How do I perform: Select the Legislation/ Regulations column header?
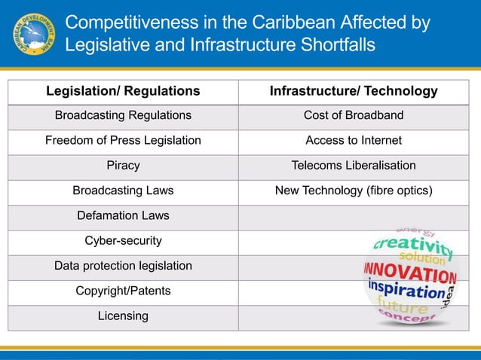point(123,91)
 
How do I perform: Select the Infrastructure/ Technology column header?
point(354,91)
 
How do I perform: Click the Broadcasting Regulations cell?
point(123,115)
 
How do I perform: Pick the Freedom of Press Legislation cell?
point(123,140)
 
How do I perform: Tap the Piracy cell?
point(123,166)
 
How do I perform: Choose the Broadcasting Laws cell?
point(123,191)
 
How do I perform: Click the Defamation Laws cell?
point(123,216)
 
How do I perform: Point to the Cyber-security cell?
point(123,241)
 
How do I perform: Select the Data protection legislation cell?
point(123,266)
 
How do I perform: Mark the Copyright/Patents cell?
point(123,291)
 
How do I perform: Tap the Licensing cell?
point(123,316)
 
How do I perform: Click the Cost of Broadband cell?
point(354,115)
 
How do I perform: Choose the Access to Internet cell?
point(354,140)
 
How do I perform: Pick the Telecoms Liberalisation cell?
point(354,166)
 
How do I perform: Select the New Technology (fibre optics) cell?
point(354,191)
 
